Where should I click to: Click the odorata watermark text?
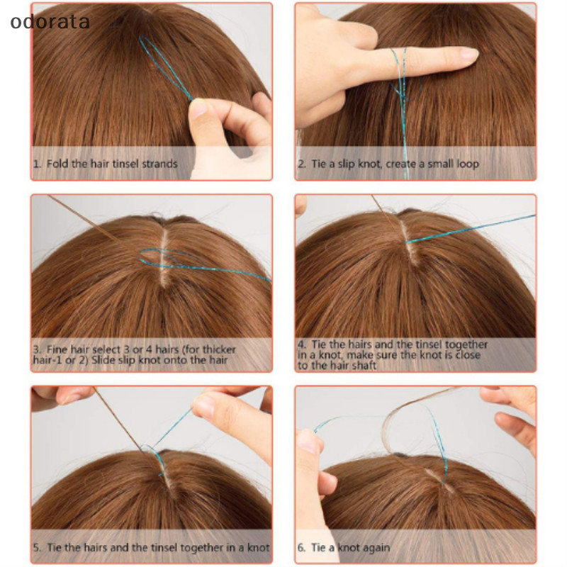click(50, 22)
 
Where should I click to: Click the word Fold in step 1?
click(55, 164)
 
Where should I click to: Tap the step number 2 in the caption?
click(301, 164)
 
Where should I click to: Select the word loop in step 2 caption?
click(468, 164)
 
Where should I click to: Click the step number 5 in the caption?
click(37, 548)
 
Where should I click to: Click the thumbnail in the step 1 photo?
click(198, 110)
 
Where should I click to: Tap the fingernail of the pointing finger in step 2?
click(468, 55)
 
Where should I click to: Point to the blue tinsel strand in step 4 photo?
click(470, 228)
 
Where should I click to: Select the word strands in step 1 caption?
click(159, 164)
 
